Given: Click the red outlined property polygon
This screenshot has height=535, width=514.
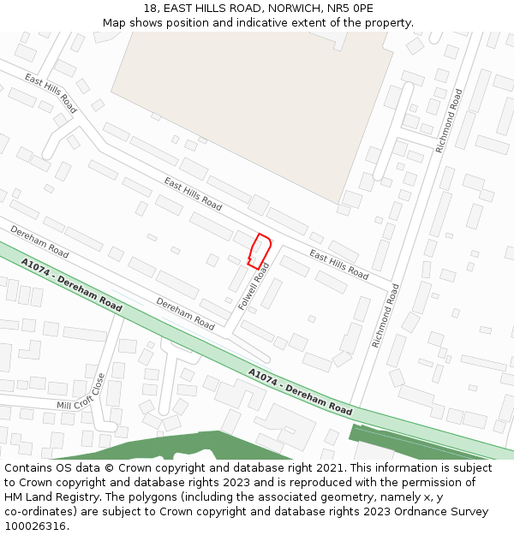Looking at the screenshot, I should [x=260, y=251].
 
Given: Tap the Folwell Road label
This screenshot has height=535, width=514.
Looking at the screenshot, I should [x=254, y=287].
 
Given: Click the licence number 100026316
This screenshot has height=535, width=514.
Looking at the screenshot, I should [x=35, y=526].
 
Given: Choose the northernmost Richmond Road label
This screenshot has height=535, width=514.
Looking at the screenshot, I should [x=449, y=121].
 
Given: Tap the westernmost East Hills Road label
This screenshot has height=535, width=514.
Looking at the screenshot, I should [x=51, y=93].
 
